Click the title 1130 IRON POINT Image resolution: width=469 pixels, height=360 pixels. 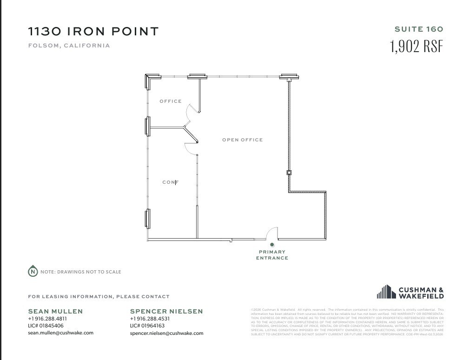tap(93, 32)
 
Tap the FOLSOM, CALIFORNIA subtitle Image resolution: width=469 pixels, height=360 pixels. tap(69, 46)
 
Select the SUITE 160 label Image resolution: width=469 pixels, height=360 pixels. tap(419, 29)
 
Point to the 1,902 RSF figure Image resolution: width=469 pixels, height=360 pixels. tap(416, 47)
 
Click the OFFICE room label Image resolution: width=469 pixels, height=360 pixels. tap(171, 101)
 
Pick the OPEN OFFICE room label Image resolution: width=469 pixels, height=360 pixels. tap(242, 140)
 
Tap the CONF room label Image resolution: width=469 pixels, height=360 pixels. tap(171, 182)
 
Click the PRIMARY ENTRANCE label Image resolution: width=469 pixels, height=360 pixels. tap(272, 255)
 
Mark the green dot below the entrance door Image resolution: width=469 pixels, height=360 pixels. tap(272, 245)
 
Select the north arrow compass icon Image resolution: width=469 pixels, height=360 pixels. tap(33, 272)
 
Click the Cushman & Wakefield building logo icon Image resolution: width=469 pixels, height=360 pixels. tap(386, 292)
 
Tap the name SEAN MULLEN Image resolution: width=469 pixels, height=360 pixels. tap(55, 311)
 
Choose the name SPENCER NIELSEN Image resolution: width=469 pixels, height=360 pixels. tap(166, 311)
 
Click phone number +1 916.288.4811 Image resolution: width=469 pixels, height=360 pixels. tap(47, 319)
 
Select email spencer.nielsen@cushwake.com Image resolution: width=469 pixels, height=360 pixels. tap(166, 333)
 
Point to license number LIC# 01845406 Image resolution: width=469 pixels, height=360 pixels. tap(46, 326)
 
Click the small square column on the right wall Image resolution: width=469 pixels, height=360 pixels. tap(289, 173)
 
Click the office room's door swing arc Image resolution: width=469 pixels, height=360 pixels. tap(191, 112)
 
